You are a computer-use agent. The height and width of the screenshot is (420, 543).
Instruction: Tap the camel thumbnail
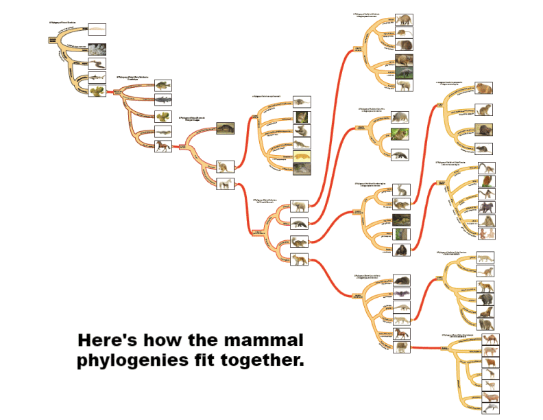coord(491,340)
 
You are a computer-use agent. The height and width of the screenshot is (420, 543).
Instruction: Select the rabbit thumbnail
coord(401,189)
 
